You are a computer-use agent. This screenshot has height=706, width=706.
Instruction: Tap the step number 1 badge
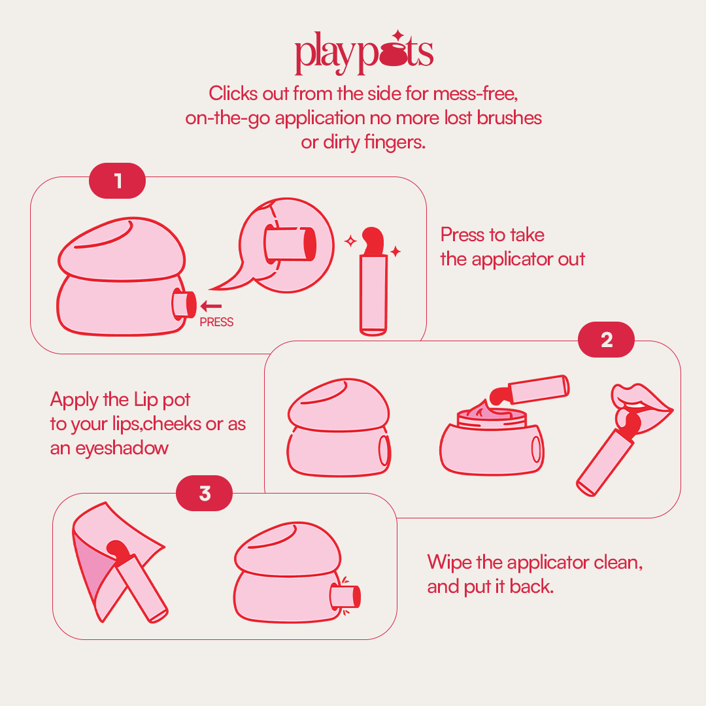[x=117, y=180]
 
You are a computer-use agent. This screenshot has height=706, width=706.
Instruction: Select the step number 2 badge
[x=607, y=340]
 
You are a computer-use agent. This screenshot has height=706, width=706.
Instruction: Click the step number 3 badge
[x=205, y=494]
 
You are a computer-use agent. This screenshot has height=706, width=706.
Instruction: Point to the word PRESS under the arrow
[x=216, y=322]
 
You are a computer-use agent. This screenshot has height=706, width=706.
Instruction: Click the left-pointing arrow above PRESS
[x=211, y=305]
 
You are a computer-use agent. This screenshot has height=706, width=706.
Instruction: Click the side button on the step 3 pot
[x=345, y=596]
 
